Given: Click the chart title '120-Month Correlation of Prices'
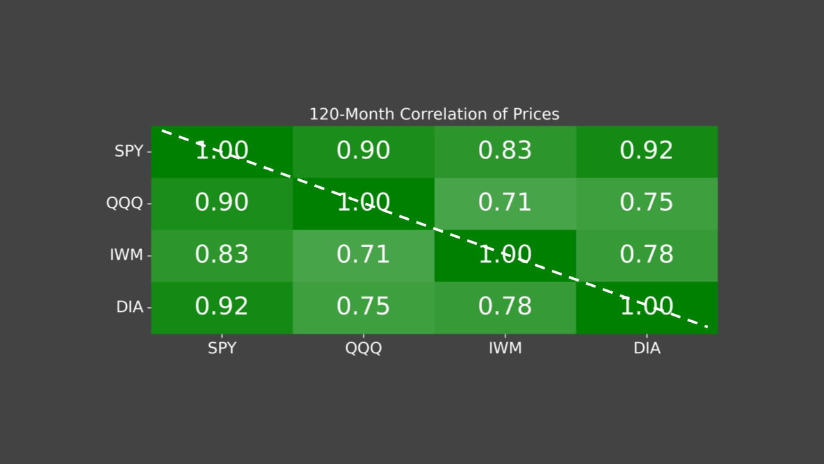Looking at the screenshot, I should click(x=434, y=115).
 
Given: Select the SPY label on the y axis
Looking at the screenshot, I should click(x=129, y=151).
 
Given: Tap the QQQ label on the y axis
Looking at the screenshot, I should click(x=124, y=204).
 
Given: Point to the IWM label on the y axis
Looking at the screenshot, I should click(x=126, y=255).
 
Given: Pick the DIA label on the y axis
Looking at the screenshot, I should click(x=129, y=307).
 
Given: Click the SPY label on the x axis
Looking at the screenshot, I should click(x=222, y=349).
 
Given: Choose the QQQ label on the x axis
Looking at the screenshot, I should click(x=364, y=349).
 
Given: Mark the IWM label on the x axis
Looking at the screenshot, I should click(x=505, y=349).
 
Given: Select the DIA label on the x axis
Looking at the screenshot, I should click(x=647, y=349).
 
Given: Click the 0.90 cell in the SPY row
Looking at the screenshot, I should click(x=364, y=151).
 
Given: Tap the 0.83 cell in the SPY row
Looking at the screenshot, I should click(x=505, y=151).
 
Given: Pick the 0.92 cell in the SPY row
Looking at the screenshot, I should click(x=647, y=151).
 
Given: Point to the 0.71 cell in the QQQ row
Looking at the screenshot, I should click(x=505, y=204).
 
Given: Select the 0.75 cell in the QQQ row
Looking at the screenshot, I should click(x=647, y=204).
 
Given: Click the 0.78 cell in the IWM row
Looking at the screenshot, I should click(x=647, y=255).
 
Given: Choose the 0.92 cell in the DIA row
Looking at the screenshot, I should click(x=222, y=307).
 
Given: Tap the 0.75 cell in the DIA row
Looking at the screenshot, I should click(x=364, y=307).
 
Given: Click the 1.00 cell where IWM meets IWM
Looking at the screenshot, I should click(x=505, y=255).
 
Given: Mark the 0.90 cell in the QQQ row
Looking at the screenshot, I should click(x=222, y=204).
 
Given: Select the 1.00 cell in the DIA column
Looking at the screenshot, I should click(x=647, y=307).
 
